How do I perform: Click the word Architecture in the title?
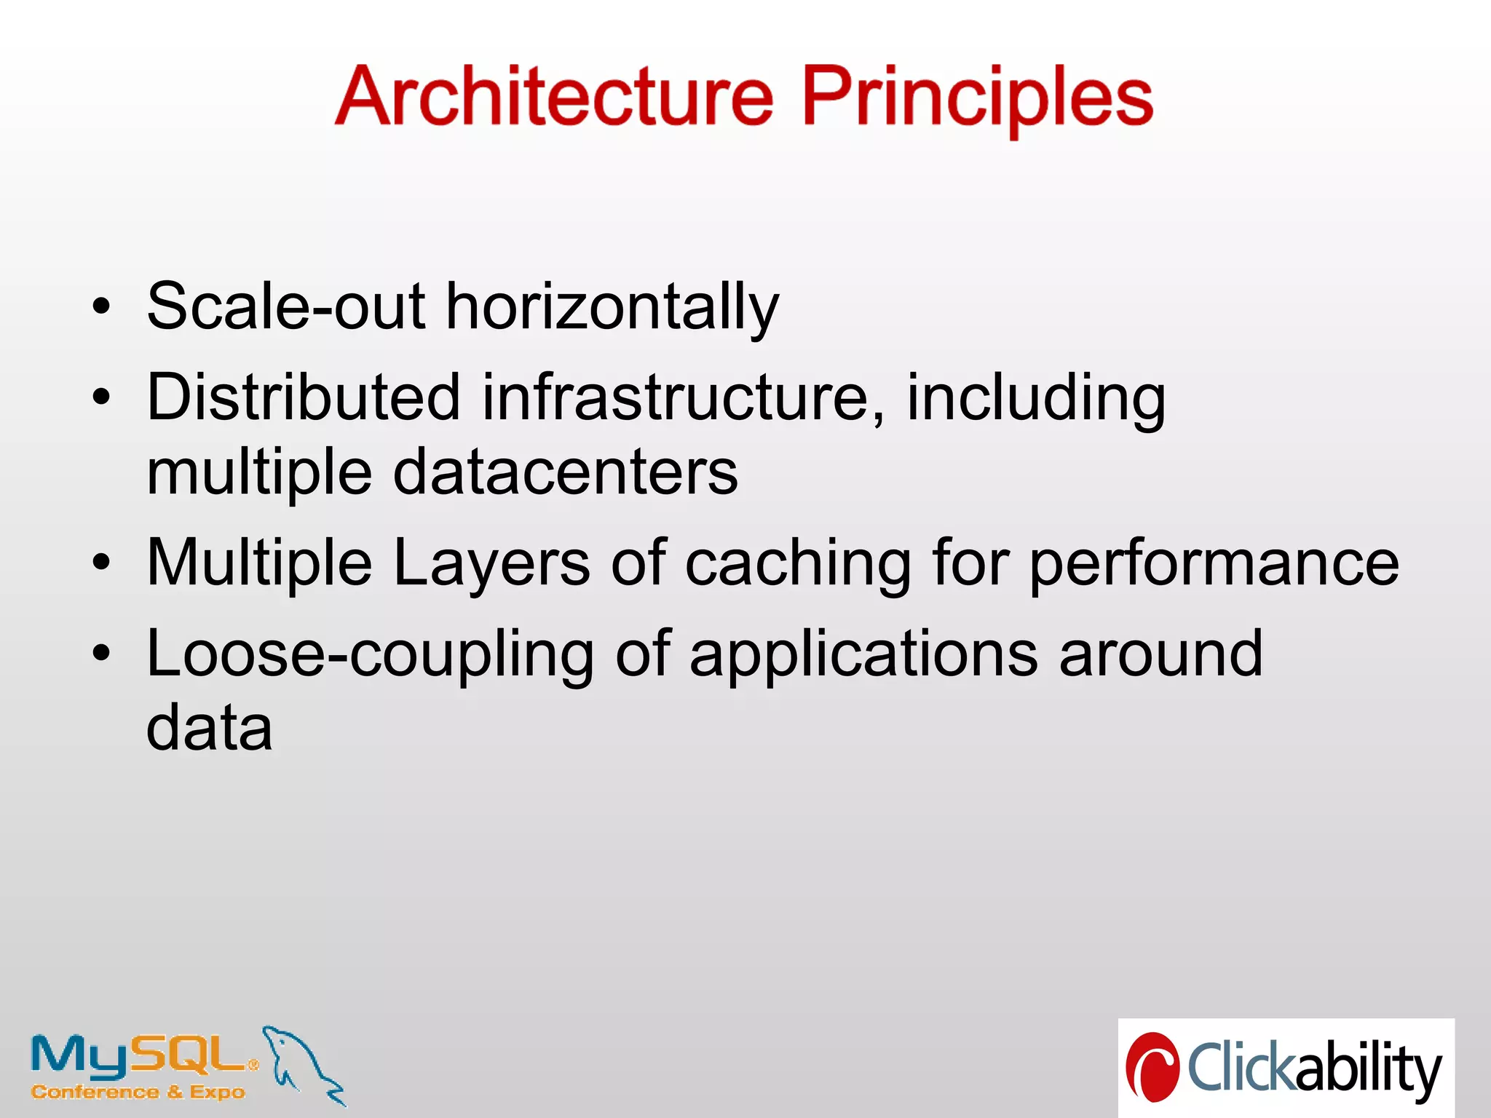(x=554, y=96)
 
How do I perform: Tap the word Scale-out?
(x=286, y=306)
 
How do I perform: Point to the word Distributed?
(x=304, y=397)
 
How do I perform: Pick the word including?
(x=1035, y=399)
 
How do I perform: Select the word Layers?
(x=491, y=562)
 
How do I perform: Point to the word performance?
(x=1214, y=563)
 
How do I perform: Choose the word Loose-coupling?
(x=371, y=654)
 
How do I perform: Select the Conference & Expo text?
(x=138, y=1093)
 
